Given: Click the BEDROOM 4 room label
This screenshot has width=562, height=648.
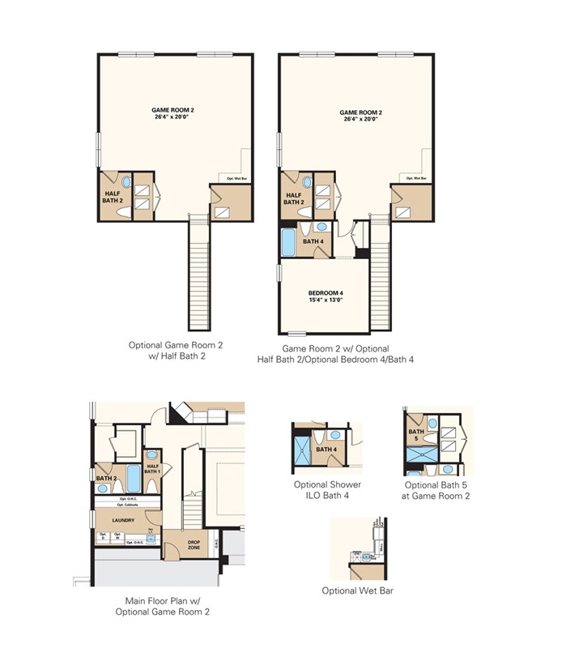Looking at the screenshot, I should [x=326, y=293].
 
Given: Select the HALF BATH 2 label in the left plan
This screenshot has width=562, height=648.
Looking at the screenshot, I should [x=112, y=197].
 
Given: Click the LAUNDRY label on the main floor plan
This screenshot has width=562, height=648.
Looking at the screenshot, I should [x=124, y=519].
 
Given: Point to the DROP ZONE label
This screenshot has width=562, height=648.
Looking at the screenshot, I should [x=194, y=546].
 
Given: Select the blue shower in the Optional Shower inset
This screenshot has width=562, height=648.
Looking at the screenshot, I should [x=302, y=454].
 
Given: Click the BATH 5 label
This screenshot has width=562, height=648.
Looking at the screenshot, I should [x=415, y=435].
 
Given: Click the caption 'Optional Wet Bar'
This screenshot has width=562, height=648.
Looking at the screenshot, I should [x=357, y=590].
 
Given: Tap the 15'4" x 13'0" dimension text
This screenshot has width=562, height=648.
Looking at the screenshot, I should [x=326, y=301].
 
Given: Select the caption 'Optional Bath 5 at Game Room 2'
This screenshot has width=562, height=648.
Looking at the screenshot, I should [x=437, y=490].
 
